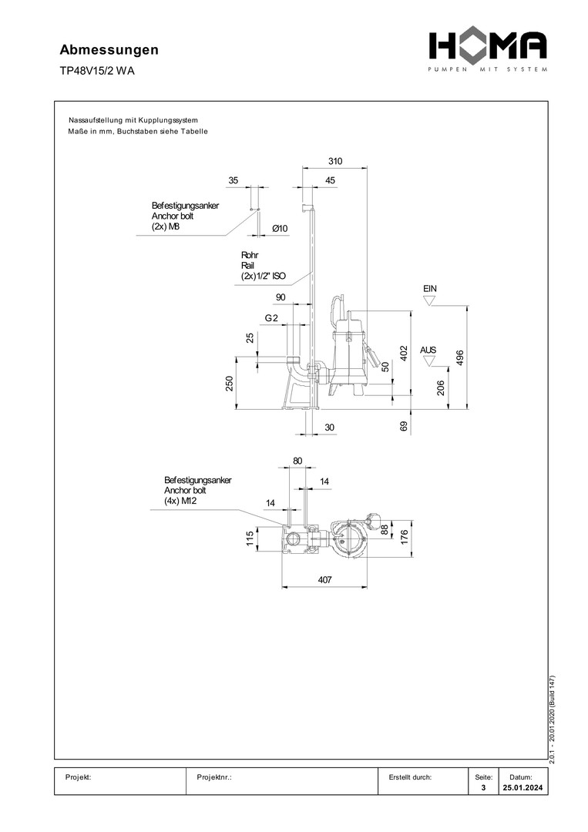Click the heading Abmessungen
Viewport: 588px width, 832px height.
(x=109, y=50)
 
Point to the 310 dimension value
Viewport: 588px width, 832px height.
(x=334, y=162)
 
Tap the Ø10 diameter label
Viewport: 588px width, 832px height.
(x=280, y=229)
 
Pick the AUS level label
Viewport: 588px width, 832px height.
(x=428, y=350)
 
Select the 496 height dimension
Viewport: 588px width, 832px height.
(x=460, y=359)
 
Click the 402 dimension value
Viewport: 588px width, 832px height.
(x=402, y=352)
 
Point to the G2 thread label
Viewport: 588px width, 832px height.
(x=271, y=317)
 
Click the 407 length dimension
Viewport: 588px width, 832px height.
(x=324, y=580)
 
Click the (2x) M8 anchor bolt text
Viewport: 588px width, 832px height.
(x=166, y=227)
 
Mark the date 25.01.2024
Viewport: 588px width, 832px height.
(x=522, y=788)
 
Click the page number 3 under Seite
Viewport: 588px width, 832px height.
(x=482, y=788)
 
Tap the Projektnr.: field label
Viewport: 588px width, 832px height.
(x=215, y=777)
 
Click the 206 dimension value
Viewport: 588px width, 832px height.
(x=441, y=388)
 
